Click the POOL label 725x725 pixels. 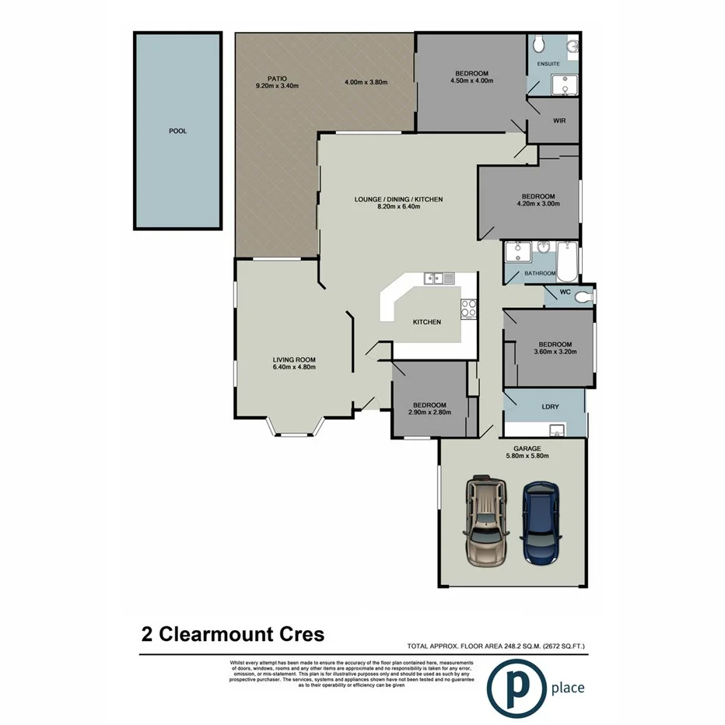(x=177, y=131)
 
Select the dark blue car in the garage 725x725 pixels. (x=541, y=522)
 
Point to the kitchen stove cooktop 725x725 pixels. (x=468, y=308)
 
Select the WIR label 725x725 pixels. (x=559, y=121)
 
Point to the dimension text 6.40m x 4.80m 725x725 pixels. (x=293, y=367)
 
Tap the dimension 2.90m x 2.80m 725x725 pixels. (x=429, y=414)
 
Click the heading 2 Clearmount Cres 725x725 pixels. (x=233, y=634)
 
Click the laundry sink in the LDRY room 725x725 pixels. (x=557, y=429)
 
